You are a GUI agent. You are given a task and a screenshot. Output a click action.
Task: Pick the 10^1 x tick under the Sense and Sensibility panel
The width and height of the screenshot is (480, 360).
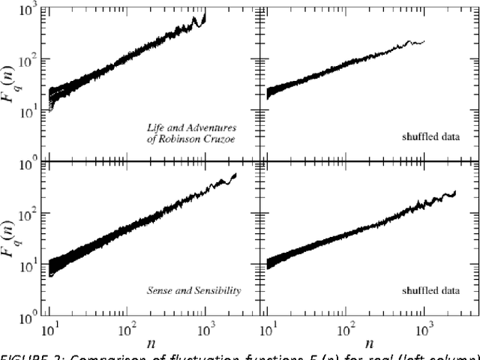point(49,328)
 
